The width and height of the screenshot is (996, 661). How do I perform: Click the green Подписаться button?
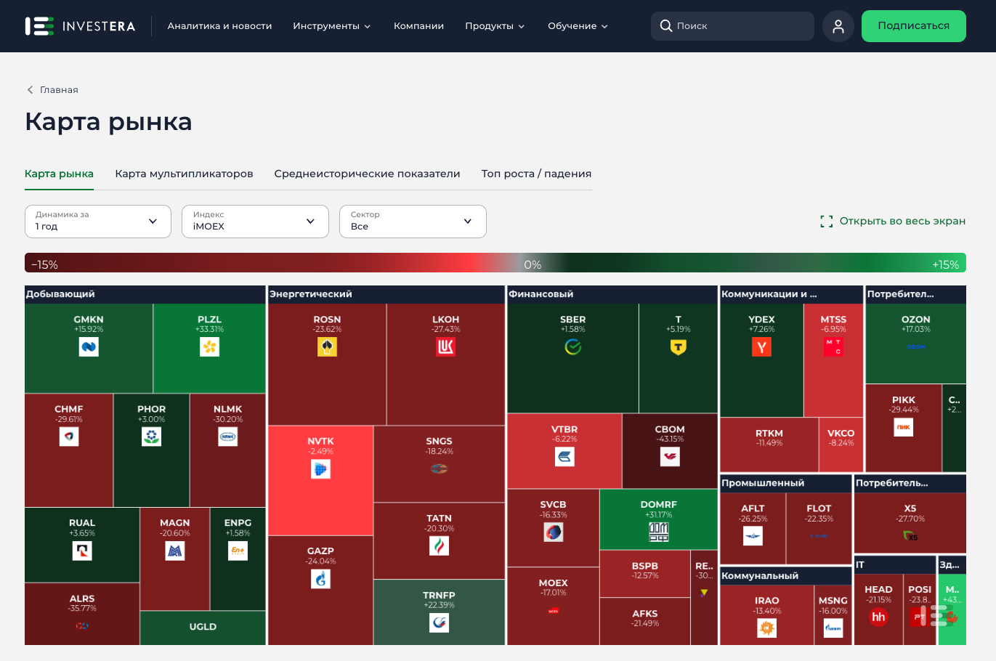[913, 26]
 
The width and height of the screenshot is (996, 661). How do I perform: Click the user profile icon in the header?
[838, 26]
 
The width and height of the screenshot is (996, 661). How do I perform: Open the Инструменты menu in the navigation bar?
[331, 26]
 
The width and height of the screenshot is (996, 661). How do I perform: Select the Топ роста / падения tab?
[536, 174]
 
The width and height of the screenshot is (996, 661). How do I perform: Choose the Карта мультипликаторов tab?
[184, 174]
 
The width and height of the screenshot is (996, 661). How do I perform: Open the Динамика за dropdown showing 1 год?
[97, 221]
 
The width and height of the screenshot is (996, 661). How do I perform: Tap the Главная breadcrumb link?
[58, 90]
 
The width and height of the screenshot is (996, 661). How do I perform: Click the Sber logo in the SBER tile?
[573, 347]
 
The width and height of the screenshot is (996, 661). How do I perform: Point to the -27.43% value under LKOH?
[445, 330]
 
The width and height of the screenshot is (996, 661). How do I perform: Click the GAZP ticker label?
[320, 551]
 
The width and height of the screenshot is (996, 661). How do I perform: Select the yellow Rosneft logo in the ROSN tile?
[327, 347]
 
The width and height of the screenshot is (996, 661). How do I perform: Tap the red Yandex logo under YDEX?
[761, 347]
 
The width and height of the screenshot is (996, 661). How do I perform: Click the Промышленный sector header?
[763, 483]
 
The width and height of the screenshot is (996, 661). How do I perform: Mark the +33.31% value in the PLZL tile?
[209, 330]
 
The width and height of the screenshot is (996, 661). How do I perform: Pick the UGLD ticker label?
[203, 627]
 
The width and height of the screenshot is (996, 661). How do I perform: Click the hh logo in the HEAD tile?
[878, 617]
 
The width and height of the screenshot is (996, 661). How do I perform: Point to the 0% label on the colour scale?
[533, 265]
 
